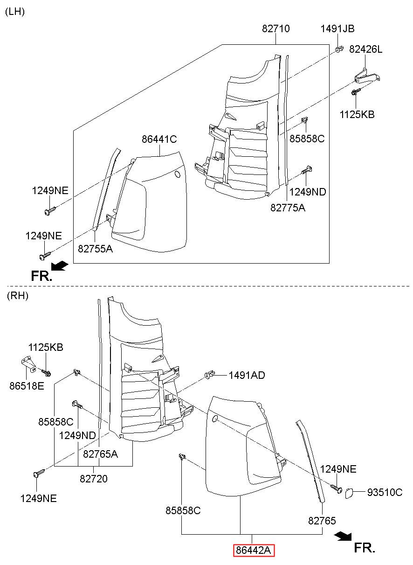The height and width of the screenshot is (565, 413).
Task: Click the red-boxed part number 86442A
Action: point(254,550)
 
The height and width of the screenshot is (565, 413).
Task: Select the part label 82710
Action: point(275,28)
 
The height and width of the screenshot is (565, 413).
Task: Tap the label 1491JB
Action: point(337,28)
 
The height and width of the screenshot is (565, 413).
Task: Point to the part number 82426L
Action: point(365,49)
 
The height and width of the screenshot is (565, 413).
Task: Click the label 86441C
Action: point(159,139)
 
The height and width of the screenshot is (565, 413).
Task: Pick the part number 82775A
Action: point(288,208)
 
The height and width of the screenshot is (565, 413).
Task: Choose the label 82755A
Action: point(95,249)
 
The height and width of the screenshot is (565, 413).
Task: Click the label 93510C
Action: point(385,492)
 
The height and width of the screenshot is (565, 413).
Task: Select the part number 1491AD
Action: point(247,375)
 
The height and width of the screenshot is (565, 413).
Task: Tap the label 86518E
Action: point(27,386)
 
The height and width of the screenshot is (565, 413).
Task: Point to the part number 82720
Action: point(94,479)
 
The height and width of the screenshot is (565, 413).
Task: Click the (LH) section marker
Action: point(15,12)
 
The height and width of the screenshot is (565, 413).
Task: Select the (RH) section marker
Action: point(18,295)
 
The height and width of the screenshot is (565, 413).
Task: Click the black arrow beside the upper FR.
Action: point(60,265)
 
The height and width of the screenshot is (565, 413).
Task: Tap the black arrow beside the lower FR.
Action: point(343,536)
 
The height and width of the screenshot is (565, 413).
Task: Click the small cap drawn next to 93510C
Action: point(349,493)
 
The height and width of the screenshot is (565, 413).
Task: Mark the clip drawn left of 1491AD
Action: point(210,375)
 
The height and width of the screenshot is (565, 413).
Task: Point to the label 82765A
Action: point(100,454)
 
